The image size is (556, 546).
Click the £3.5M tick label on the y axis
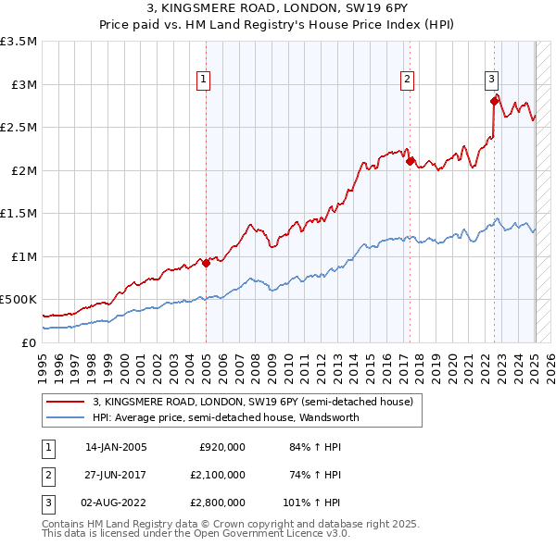19,42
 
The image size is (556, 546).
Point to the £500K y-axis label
19,300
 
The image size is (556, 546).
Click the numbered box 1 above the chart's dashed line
203,80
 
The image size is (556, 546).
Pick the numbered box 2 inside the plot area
407,80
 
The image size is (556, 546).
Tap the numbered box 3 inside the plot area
492,80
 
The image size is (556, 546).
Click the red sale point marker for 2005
207,263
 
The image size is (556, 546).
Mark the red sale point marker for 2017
410,161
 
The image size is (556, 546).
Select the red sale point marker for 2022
494,101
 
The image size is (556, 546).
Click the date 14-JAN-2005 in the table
116,447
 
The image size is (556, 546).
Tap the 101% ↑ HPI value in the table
312,503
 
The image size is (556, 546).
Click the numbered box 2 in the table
47,475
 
